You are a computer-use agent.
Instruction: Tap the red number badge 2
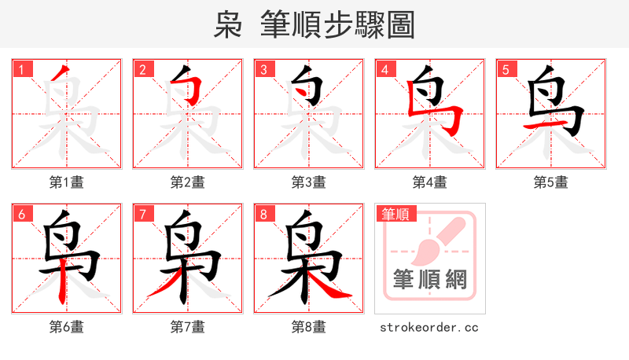pos(142,69)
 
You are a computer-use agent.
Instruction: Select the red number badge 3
pos(263,69)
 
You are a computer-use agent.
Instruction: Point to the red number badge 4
pos(384,69)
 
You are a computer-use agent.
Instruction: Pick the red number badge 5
pos(506,69)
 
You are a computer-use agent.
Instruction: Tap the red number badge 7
pos(142,214)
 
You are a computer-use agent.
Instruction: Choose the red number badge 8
pos(263,214)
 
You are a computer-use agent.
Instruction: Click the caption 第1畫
pos(67,182)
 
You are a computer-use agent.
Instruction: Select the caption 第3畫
pos(309,182)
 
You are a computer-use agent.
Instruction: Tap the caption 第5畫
pos(551,182)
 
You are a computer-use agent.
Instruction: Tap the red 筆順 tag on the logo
pos(395,214)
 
